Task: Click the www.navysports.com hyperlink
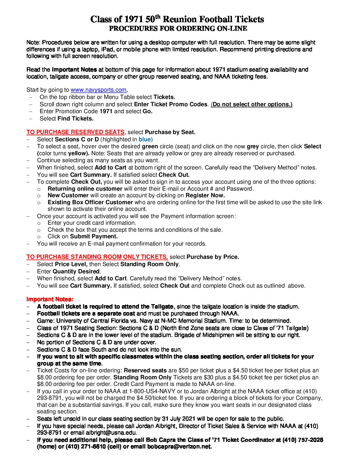coord(98,90)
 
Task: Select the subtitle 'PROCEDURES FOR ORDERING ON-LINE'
coord(178,29)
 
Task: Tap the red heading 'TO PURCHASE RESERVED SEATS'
coord(75,132)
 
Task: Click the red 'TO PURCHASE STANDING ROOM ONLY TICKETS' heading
coord(97,257)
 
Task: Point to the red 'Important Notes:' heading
coord(50,300)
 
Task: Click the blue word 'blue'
coord(145,139)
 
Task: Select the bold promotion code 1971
coord(106,112)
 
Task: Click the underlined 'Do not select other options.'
coord(252,104)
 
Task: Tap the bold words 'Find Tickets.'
coord(75,118)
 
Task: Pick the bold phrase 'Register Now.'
coord(205,195)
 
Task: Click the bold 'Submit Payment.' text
coord(94,236)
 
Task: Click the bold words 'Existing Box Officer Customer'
coord(90,202)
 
